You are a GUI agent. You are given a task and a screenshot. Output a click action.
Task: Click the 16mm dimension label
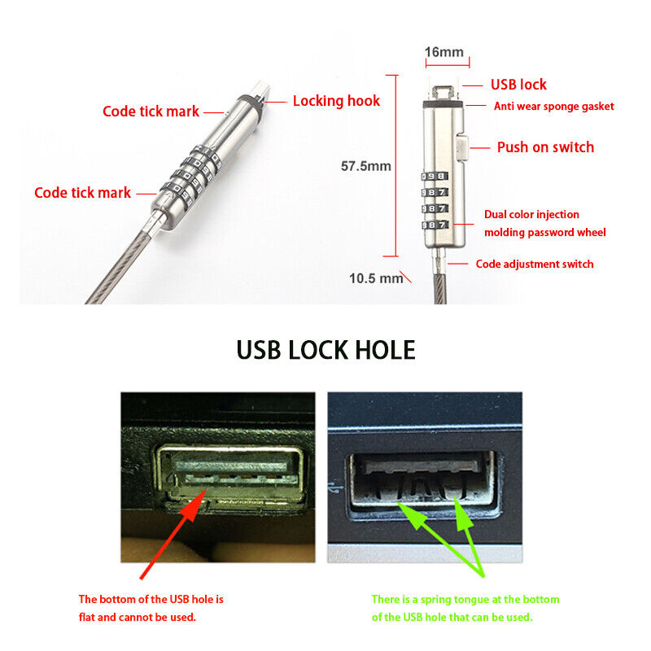pos(443,52)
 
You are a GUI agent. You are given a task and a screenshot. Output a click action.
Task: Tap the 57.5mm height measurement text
pos(365,166)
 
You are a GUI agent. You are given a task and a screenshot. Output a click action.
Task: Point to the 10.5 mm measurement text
pos(376,278)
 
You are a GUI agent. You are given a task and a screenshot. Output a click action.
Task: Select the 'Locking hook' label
pos(336,101)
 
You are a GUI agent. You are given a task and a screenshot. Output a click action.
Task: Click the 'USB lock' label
pos(518,85)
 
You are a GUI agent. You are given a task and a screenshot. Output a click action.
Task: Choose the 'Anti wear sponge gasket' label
pos(554,107)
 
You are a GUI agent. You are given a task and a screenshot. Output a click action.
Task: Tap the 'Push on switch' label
pos(545,147)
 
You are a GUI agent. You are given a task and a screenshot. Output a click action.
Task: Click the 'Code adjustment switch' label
pos(535,264)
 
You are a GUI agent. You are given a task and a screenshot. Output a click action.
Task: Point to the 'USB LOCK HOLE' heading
pos(326,350)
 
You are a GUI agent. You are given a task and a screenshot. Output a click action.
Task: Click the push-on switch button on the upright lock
pos(461,148)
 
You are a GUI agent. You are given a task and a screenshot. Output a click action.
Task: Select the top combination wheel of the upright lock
pos(435,177)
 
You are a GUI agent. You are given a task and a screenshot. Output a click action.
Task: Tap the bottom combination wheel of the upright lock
pos(435,225)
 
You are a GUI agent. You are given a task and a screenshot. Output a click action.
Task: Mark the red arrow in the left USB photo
pos(173,534)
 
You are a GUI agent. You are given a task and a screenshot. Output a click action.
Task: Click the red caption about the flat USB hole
pos(151,608)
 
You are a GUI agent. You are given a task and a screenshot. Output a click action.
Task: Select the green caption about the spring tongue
pos(465,608)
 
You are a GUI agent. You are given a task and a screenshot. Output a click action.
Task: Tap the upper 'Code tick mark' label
pos(151,111)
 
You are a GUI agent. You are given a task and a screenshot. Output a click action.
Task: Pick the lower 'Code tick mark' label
pos(83,193)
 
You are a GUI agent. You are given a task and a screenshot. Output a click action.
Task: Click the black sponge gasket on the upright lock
pos(443,104)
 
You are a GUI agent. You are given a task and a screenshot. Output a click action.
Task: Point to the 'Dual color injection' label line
pos(531,215)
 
